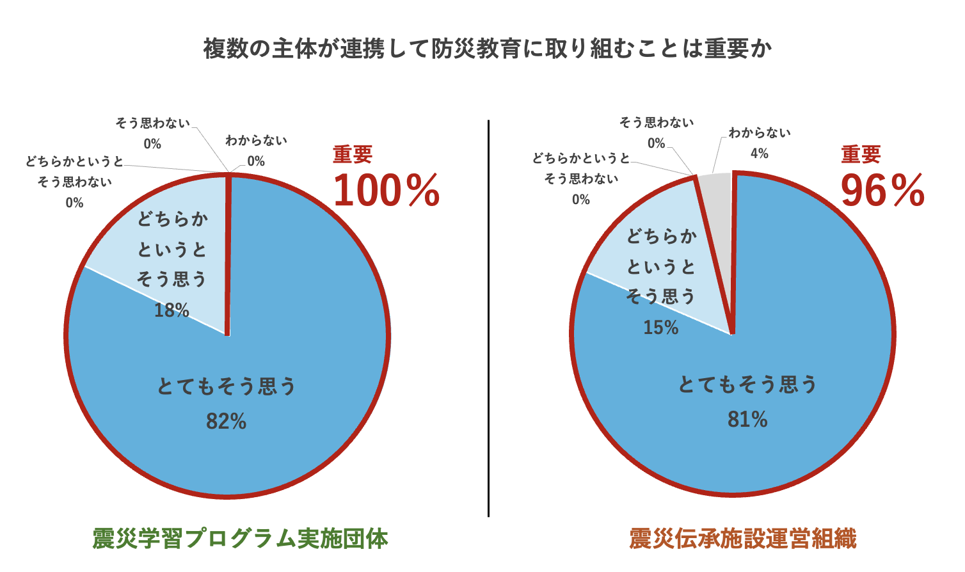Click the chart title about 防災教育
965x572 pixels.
(x=488, y=49)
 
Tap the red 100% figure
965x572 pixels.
(x=387, y=191)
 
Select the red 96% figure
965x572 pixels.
(x=882, y=191)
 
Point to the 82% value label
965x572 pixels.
(x=226, y=421)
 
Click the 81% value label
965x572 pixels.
(x=747, y=419)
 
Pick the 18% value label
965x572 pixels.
(x=171, y=310)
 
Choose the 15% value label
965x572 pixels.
(x=660, y=328)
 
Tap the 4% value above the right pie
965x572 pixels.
(x=759, y=154)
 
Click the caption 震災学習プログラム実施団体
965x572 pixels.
(x=240, y=539)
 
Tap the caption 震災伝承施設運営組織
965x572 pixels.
(x=742, y=539)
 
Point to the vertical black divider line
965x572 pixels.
(x=488, y=320)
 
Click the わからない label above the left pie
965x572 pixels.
(x=256, y=140)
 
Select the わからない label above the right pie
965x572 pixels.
(x=760, y=133)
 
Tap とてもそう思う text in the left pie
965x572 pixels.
(x=227, y=386)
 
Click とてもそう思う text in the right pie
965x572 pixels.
(x=747, y=385)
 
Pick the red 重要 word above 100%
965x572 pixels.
(x=352, y=155)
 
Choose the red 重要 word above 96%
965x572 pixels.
(x=861, y=155)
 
